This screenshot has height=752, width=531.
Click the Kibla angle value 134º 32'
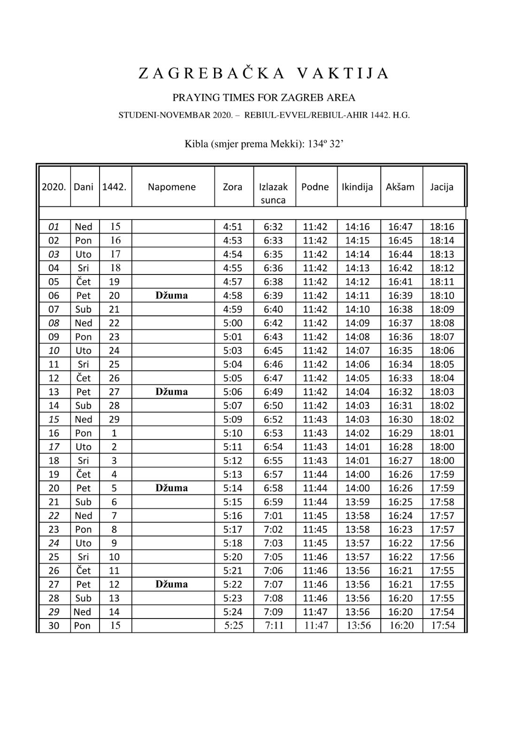pyautogui.click(x=325, y=144)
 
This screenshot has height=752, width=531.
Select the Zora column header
pyautogui.click(x=232, y=187)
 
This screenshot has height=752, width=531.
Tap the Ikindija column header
pyautogui.click(x=357, y=187)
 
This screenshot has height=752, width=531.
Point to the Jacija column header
pyautogui.click(x=442, y=187)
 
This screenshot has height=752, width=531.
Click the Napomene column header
pyautogui.click(x=172, y=187)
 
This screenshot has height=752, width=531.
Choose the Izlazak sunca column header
pyautogui.click(x=273, y=193)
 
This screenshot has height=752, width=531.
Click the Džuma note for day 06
pyautogui.click(x=172, y=295)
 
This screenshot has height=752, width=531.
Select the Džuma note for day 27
pyautogui.click(x=172, y=584)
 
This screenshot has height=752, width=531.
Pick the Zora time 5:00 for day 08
pyautogui.click(x=232, y=323)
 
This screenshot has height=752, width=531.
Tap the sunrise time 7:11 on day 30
pyautogui.click(x=274, y=626)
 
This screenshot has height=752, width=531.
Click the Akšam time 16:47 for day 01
pyautogui.click(x=400, y=227)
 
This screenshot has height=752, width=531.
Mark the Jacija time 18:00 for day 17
pyautogui.click(x=442, y=446)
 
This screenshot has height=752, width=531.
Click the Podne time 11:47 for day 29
pyautogui.click(x=315, y=611)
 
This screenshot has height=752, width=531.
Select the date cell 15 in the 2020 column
pyautogui.click(x=54, y=419)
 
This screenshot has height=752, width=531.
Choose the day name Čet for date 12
pyautogui.click(x=84, y=378)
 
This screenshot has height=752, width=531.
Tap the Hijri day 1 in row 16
pyautogui.click(x=114, y=433)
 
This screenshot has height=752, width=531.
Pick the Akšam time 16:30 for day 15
pyautogui.click(x=400, y=419)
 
